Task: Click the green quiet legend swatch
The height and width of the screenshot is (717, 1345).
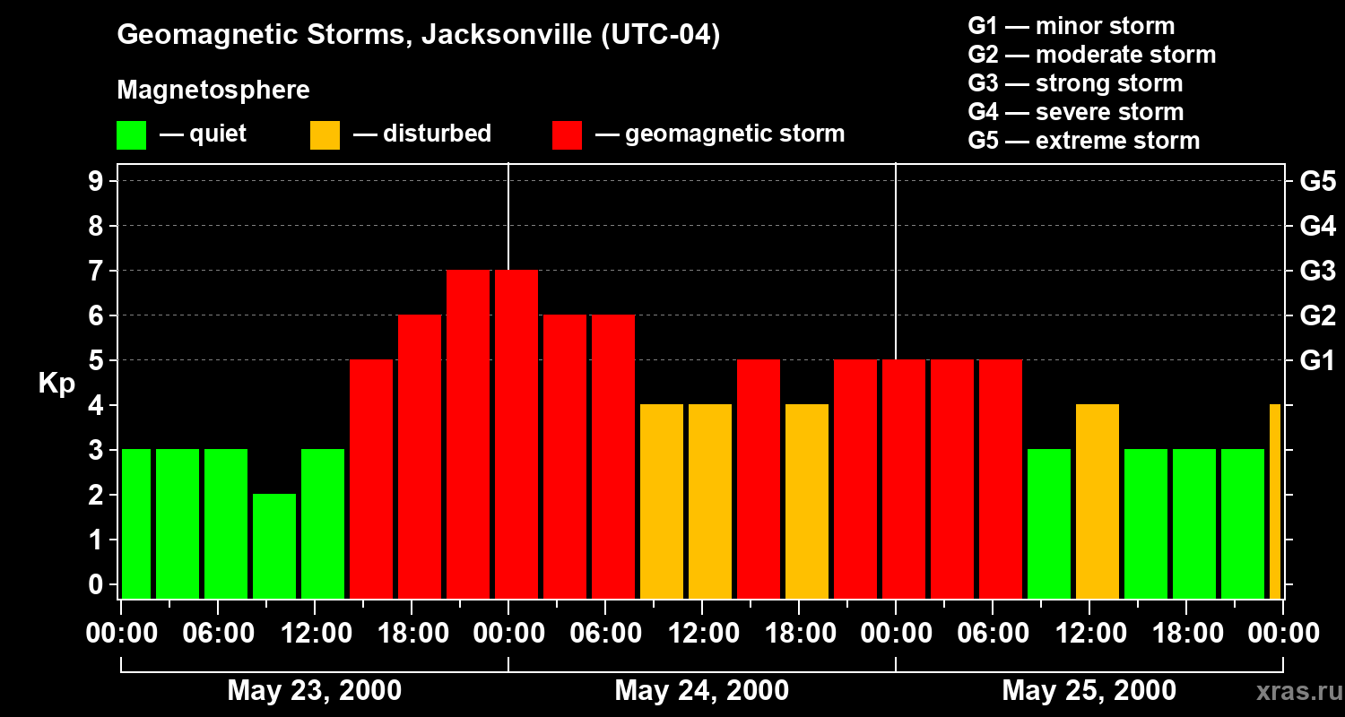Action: click(131, 134)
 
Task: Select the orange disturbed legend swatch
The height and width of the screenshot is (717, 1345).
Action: click(325, 134)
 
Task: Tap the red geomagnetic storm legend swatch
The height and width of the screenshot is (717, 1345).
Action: click(567, 134)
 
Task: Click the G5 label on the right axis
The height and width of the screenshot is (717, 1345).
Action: click(1317, 182)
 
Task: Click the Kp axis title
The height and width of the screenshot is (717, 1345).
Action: click(56, 384)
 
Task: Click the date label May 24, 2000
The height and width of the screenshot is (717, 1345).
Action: click(701, 690)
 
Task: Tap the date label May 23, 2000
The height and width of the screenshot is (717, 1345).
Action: click(314, 690)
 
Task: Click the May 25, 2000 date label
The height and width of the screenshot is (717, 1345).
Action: click(1089, 690)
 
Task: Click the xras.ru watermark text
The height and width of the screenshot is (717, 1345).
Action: click(1298, 691)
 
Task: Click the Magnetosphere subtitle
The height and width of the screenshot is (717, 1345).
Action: click(213, 91)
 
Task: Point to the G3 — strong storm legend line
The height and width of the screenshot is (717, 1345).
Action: click(1074, 83)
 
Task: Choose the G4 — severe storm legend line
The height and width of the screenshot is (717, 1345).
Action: click(1075, 112)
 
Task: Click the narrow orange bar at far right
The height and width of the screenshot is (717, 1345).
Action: click(1275, 501)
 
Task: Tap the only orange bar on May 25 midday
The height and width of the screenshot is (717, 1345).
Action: click(1098, 501)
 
